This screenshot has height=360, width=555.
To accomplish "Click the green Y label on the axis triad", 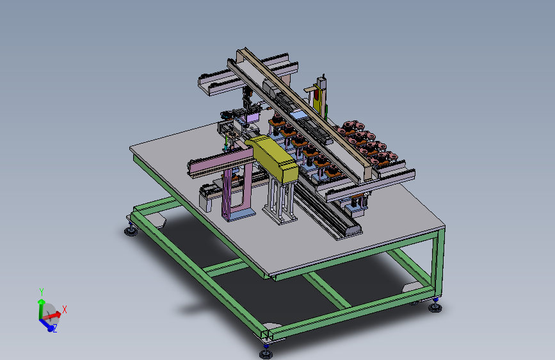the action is click(42, 292).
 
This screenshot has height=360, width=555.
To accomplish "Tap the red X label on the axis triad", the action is click(65, 309).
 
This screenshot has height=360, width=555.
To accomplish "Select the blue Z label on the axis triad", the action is click(55, 329).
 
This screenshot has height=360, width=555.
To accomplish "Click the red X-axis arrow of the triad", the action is click(52, 315).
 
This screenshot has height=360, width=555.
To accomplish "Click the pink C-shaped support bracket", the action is click(236, 192).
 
